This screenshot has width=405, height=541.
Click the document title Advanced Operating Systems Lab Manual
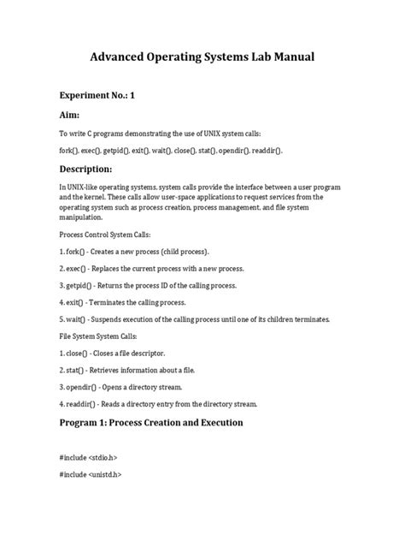[x=202, y=57]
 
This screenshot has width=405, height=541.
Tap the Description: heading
[x=97, y=169]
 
